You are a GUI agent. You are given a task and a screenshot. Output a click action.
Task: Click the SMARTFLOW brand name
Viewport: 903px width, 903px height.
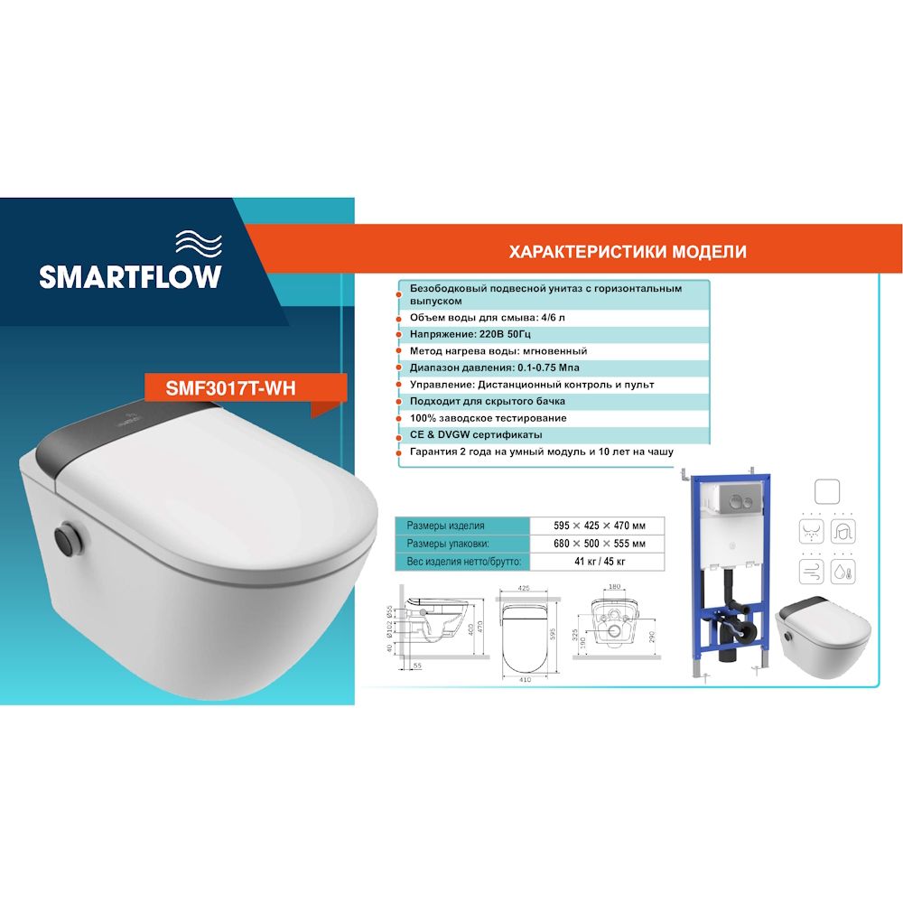point(130,275)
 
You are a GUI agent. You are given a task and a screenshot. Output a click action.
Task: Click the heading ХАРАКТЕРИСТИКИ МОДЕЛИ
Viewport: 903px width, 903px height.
point(628,252)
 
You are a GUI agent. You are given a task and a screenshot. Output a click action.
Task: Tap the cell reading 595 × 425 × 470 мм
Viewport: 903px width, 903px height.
point(600,526)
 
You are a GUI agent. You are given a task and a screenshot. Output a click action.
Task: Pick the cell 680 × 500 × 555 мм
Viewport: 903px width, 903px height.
point(600,544)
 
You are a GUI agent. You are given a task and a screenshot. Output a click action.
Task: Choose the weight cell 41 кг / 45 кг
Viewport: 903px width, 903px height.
point(600,562)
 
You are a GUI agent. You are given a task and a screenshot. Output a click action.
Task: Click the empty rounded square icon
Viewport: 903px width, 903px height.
point(829,491)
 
